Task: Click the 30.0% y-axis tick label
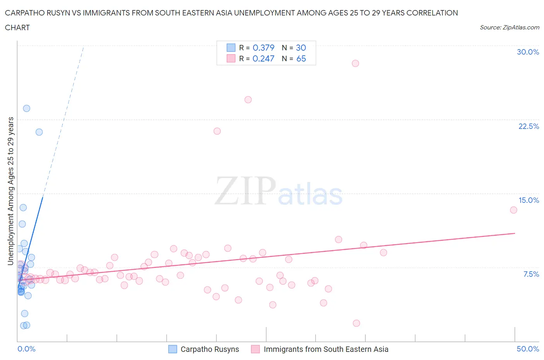pyautogui.click(x=528, y=52)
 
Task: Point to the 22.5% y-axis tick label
pyautogui.click(x=529, y=126)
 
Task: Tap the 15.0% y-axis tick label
pyautogui.click(x=529, y=200)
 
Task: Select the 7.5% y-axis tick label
pyautogui.click(x=531, y=274)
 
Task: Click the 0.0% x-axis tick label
pyautogui.click(x=26, y=349)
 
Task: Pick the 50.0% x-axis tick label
pyautogui.click(x=528, y=349)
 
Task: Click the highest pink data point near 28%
pyautogui.click(x=356, y=63)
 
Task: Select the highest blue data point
pyautogui.click(x=27, y=108)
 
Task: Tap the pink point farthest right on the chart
pyautogui.click(x=513, y=210)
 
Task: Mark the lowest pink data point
pyautogui.click(x=356, y=323)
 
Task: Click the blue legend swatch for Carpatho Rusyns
pyautogui.click(x=173, y=349)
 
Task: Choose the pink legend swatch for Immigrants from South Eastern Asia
pyautogui.click(x=255, y=349)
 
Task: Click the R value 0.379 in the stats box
pyautogui.click(x=263, y=48)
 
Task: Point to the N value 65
pyautogui.click(x=301, y=58)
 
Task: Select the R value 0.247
pyautogui.click(x=263, y=58)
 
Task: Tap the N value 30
pyautogui.click(x=301, y=48)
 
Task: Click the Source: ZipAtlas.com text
pyautogui.click(x=509, y=27)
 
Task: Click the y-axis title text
pyautogui.click(x=10, y=191)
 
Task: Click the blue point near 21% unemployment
pyautogui.click(x=39, y=132)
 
